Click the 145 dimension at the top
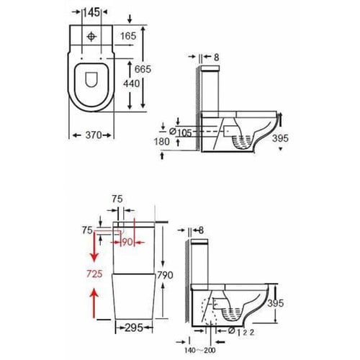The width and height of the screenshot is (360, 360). (92, 12)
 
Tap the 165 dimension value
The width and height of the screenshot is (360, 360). (128, 36)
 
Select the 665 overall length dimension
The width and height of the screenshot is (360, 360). (143, 69)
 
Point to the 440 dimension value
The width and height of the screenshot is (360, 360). (131, 84)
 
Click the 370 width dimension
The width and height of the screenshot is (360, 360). (94, 135)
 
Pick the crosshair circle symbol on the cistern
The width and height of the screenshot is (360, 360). (91, 37)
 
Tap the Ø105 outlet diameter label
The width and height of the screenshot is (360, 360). (181, 132)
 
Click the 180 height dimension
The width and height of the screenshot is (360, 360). (162, 141)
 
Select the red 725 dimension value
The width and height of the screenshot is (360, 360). (94, 274)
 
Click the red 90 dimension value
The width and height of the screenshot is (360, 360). (127, 242)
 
